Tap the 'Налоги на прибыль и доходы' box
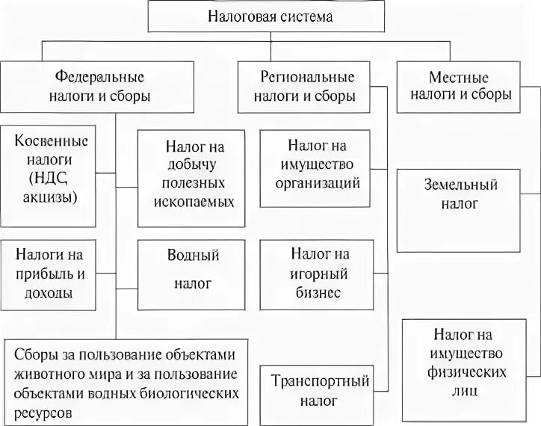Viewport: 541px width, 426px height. [49, 274]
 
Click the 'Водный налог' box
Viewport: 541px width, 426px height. [191, 274]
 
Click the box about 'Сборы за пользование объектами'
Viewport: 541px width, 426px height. [124, 382]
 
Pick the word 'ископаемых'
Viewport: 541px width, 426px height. [194, 202]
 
